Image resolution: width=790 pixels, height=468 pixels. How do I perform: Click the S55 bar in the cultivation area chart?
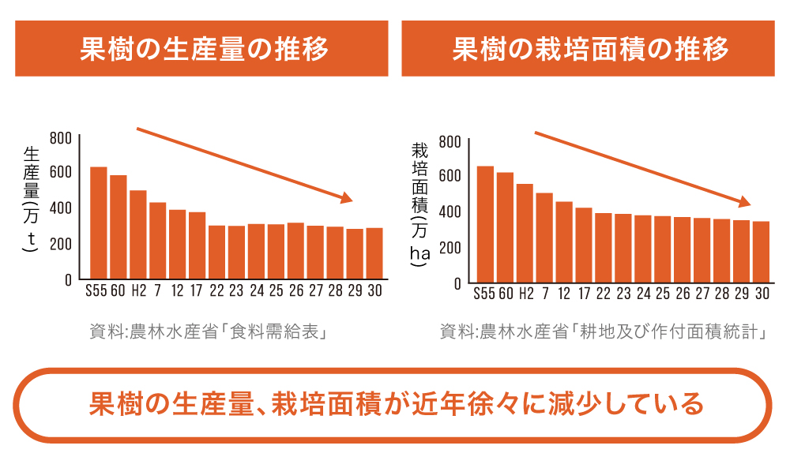pyautogui.click(x=485, y=224)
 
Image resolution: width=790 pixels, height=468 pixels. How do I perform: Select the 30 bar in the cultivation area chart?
pyautogui.click(x=762, y=252)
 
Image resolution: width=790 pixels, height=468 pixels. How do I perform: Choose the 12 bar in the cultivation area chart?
pyautogui.click(x=564, y=241)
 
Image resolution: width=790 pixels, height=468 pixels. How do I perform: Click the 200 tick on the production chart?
pyautogui.click(x=61, y=244)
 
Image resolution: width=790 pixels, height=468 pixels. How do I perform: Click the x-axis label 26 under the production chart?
pyautogui.click(x=295, y=290)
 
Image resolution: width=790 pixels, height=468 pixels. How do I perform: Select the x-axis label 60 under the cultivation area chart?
pyautogui.click(x=506, y=294)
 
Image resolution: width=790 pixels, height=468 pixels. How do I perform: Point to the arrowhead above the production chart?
pyautogui.click(x=346, y=198)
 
